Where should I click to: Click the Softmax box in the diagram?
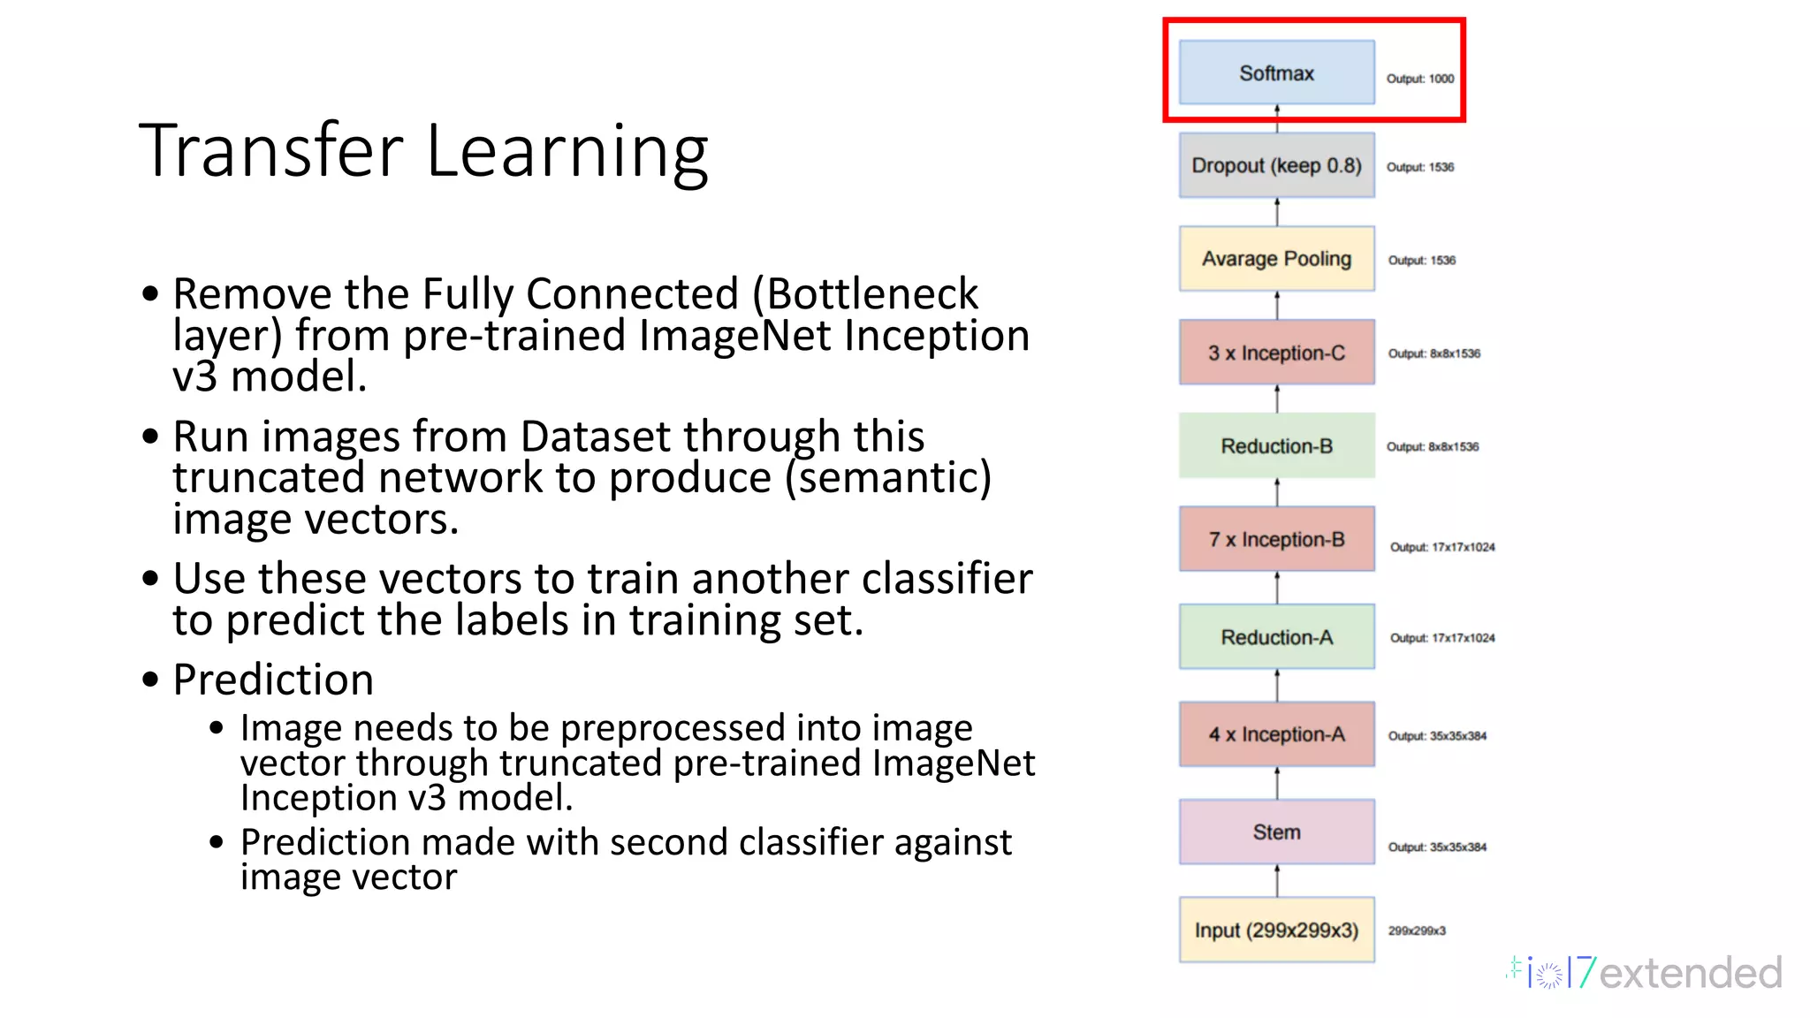point(1276,73)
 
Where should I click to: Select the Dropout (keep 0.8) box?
point(1276,165)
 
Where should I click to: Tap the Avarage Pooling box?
point(1276,259)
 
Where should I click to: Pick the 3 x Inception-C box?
point(1276,353)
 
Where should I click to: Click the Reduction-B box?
point(1276,446)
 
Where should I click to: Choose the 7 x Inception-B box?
point(1276,539)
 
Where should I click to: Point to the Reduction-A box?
point(1276,637)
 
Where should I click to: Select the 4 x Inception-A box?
point(1276,734)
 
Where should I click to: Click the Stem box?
point(1276,832)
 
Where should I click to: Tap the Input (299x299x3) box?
point(1276,930)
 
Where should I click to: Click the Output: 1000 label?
point(1419,79)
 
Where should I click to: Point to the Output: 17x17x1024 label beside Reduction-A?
point(1442,638)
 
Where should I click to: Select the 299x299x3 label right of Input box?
point(1417,931)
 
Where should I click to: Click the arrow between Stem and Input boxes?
point(1277,881)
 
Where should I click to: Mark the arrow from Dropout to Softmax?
point(1277,118)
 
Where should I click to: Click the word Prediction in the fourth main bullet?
point(273,680)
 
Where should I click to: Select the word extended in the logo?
point(1690,973)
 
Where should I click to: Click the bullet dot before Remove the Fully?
point(150,293)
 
